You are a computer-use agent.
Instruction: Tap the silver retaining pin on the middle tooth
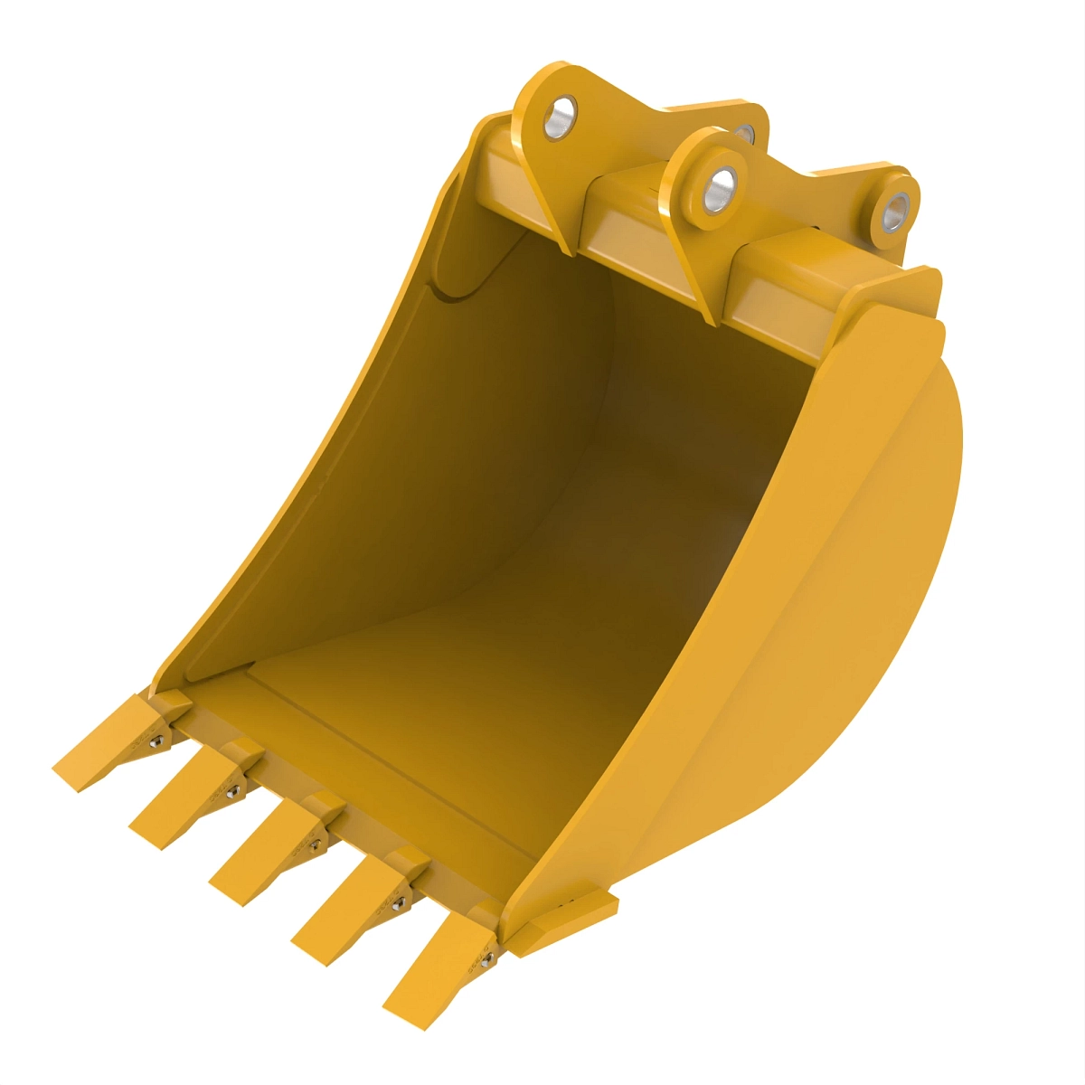coord(316,846)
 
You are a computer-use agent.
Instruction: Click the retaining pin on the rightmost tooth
coord(486,961)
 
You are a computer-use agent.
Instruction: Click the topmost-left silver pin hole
coord(560,118)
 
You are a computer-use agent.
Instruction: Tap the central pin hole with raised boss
coord(721,187)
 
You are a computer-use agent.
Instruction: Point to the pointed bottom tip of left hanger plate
coord(565,250)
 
